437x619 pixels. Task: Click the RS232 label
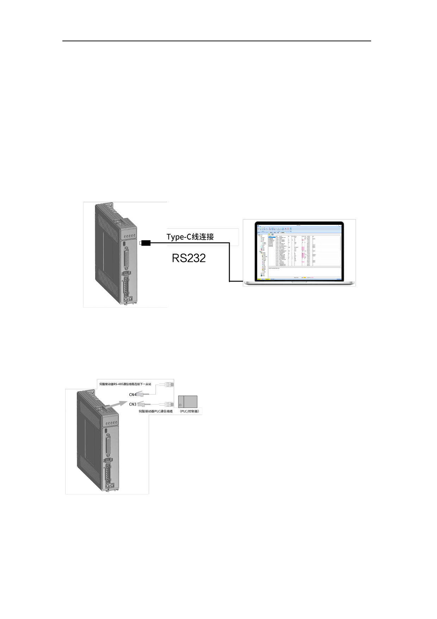pos(189,258)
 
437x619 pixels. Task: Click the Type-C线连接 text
pos(190,237)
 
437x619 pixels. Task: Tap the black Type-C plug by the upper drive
pos(146,243)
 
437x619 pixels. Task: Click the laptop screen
pos(299,252)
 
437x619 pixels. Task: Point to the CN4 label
pos(133,395)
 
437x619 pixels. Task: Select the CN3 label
pos(133,404)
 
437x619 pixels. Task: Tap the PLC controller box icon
pos(188,402)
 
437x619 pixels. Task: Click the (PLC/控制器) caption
pos(189,411)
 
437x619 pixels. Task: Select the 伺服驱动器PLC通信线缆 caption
pos(156,411)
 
